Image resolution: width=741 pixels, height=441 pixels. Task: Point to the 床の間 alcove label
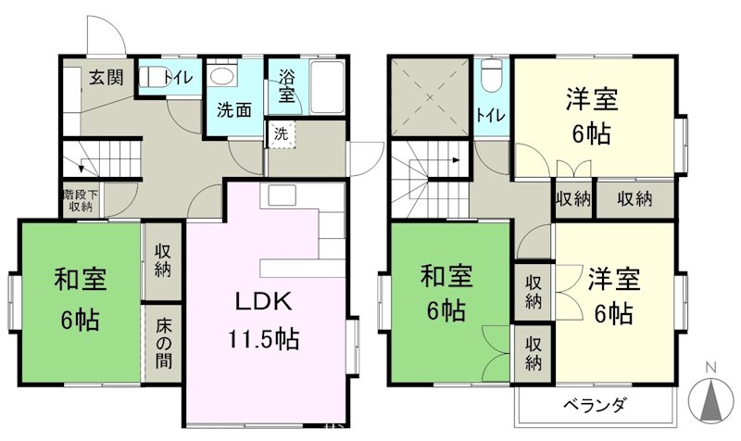pos(162,344)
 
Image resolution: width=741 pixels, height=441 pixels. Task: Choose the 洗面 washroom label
pos(234,108)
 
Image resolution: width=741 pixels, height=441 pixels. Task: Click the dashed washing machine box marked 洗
pos(282,132)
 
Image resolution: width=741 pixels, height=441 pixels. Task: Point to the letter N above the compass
pos(710,367)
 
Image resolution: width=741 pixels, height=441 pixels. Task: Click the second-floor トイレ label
pos(490,115)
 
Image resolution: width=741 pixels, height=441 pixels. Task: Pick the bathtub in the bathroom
pos(325,89)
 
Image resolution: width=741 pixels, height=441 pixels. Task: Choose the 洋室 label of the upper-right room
pos(592,98)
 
